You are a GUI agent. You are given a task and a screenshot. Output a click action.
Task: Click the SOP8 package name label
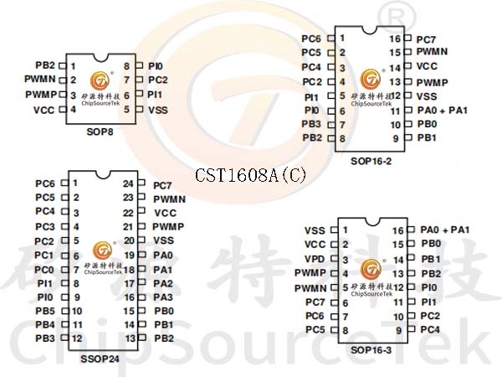tap(100, 132)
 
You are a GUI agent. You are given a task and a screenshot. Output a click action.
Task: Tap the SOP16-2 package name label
tap(371, 161)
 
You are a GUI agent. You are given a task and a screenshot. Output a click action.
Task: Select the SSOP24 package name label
tap(100, 359)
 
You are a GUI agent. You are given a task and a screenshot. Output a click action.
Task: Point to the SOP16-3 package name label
tap(371, 350)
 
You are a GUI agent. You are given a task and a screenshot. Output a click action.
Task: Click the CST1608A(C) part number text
tap(251, 175)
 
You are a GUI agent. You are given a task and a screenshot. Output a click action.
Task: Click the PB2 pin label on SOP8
tap(45, 65)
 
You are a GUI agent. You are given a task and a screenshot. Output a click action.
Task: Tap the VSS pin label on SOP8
tap(158, 111)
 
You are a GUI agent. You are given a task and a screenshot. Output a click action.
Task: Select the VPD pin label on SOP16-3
tap(315, 259)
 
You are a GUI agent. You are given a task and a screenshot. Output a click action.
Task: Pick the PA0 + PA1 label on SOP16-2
tap(443, 111)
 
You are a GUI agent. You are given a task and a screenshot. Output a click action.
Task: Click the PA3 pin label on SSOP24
tap(163, 297)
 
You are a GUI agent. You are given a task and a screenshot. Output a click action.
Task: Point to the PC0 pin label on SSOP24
tap(44, 270)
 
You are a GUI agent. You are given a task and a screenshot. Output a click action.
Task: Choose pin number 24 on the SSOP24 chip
tap(128, 183)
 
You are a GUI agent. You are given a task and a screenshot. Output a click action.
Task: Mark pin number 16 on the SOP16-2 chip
tap(395, 39)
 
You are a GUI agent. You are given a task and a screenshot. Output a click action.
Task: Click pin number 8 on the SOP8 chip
tap(127, 66)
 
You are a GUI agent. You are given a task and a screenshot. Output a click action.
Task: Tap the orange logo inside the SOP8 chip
tap(100, 80)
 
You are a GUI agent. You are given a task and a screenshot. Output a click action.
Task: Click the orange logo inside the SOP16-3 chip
tap(371, 269)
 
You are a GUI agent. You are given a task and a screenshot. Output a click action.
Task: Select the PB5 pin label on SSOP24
tap(45, 311)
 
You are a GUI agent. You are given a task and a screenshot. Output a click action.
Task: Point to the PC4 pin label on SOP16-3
tap(430, 329)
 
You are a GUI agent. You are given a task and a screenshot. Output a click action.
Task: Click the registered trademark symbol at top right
tap(396, 17)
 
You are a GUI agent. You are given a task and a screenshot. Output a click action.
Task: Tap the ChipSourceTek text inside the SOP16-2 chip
tap(371, 104)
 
